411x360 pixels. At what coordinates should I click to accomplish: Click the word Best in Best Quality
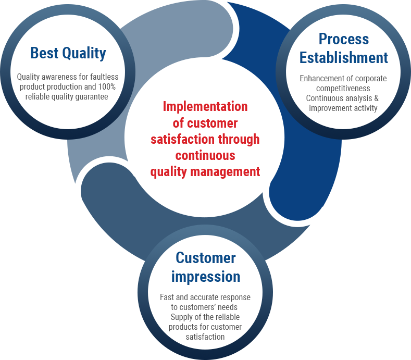[x=45, y=53]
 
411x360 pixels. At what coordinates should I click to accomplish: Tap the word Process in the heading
[x=344, y=39]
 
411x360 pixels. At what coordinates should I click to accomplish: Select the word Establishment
[x=344, y=58]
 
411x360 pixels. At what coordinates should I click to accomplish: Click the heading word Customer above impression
[x=205, y=258]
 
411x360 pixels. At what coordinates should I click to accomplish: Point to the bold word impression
[x=205, y=277]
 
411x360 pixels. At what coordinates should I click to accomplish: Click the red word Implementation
[x=205, y=107]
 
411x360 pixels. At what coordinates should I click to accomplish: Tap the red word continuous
[x=205, y=155]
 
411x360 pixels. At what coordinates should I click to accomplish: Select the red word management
[x=225, y=172]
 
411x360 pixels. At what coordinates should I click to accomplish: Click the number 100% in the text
[x=107, y=86]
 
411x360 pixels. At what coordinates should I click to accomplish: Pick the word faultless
[x=104, y=77]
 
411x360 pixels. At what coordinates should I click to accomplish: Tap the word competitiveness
[x=343, y=89]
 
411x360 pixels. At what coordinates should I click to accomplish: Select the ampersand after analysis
[x=377, y=98]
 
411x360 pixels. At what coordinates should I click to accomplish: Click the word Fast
[x=167, y=297]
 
